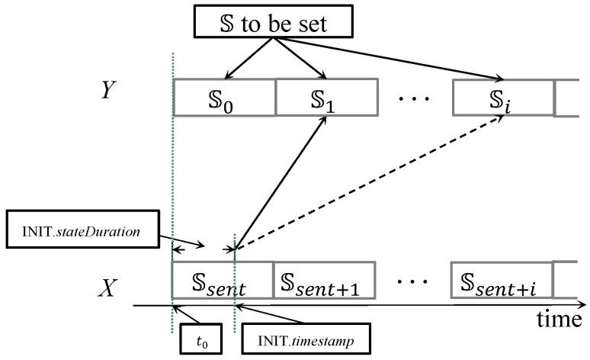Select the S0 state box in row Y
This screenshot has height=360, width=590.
(224, 98)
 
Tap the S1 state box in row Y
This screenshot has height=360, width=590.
(325, 98)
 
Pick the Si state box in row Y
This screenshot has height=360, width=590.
(502, 98)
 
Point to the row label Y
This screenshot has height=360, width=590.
(109, 91)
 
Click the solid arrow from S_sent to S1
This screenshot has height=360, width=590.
(278, 183)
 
